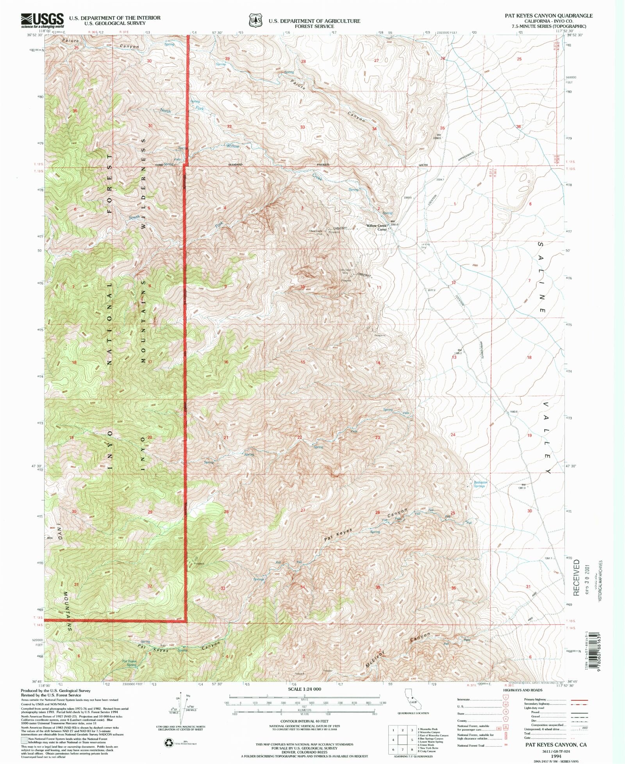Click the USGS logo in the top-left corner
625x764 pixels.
point(42,20)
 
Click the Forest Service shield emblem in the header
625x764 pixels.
point(255,20)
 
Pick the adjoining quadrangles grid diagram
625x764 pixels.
point(402,740)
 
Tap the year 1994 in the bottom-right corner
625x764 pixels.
point(556,756)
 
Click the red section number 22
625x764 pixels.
point(300,437)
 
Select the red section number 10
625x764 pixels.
point(302,287)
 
